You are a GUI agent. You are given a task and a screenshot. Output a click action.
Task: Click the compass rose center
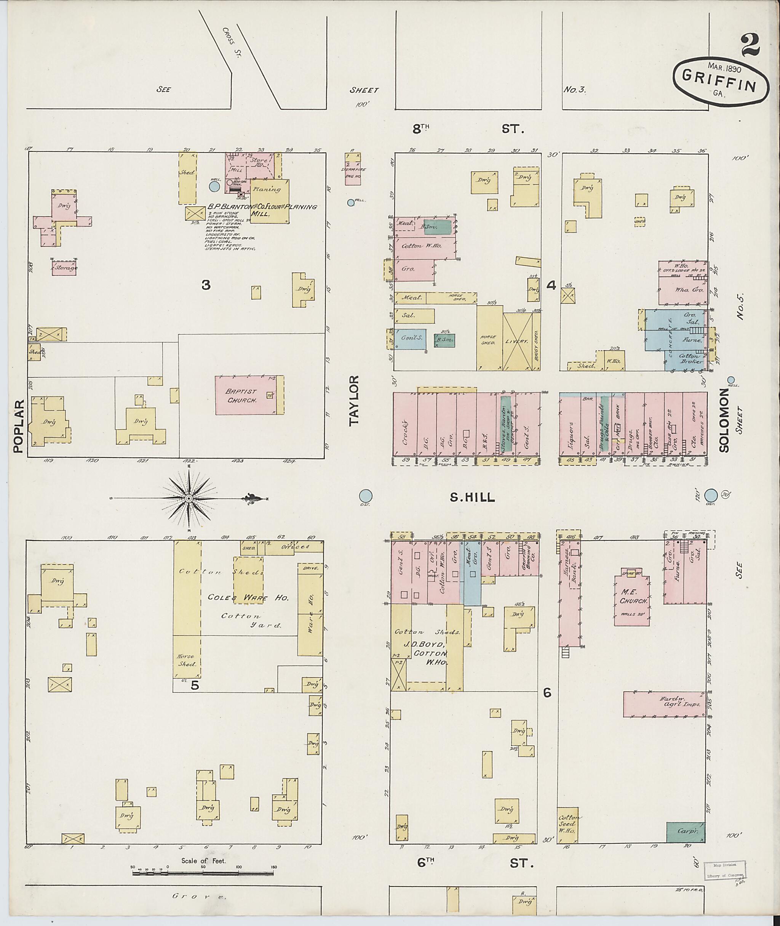pyautogui.click(x=189, y=498)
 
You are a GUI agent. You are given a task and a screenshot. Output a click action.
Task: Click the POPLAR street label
pyautogui.click(x=18, y=426)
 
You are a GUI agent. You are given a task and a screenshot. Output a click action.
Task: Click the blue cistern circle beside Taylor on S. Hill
pyautogui.click(x=365, y=495)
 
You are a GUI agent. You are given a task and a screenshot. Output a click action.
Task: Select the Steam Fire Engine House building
pyautogui.click(x=352, y=169)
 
